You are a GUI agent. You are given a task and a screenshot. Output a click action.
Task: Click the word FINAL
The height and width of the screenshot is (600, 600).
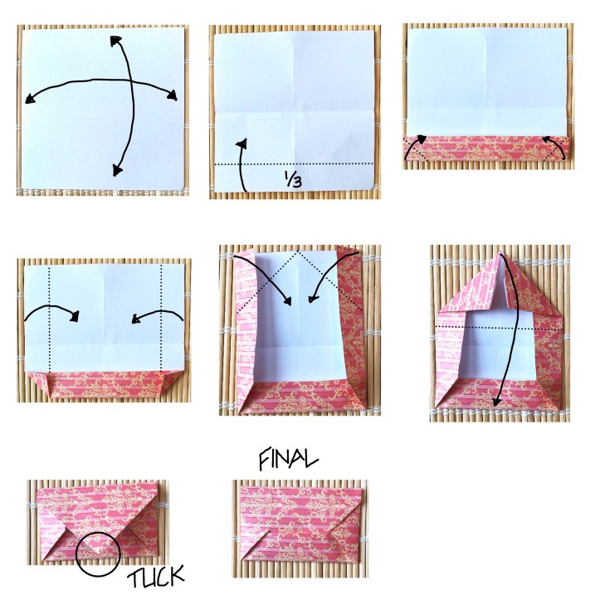(288, 459)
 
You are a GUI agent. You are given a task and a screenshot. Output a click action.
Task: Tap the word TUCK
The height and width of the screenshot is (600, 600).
(156, 576)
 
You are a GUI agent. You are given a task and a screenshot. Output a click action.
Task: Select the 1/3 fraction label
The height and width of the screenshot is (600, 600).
(293, 178)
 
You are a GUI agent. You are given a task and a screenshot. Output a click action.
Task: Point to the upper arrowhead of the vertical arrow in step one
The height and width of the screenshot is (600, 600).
(115, 41)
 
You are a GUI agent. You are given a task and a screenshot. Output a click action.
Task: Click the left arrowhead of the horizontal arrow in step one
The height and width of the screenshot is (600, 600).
(30, 99)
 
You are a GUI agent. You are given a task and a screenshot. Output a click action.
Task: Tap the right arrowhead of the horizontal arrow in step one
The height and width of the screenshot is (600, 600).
(172, 95)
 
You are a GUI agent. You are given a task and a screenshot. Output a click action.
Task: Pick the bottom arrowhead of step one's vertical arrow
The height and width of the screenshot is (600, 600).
(118, 170)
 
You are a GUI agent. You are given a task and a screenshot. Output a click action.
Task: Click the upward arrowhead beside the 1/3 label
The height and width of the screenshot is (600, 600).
(241, 144)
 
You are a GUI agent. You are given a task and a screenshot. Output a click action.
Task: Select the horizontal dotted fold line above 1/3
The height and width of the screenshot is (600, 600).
(294, 164)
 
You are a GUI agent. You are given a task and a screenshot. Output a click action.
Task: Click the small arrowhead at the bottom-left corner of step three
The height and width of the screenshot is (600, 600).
(421, 139)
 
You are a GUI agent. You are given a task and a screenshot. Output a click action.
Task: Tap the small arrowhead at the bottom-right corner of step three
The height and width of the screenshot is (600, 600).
(546, 139)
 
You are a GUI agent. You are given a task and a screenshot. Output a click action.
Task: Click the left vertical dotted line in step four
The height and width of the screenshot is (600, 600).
(50, 318)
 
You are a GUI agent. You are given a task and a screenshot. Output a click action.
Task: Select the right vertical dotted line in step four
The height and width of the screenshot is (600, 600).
(162, 318)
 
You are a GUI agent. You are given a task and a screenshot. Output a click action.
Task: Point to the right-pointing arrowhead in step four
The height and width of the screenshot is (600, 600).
(75, 316)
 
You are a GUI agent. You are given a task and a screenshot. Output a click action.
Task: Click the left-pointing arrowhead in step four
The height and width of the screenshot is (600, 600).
(136, 319)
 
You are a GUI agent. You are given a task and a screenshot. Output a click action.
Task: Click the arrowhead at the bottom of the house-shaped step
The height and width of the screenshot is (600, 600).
(496, 401)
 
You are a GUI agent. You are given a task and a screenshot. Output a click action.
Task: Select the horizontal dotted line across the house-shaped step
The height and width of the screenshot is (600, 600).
(499, 328)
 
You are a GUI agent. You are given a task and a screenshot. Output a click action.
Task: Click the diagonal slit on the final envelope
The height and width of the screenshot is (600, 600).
(256, 544)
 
